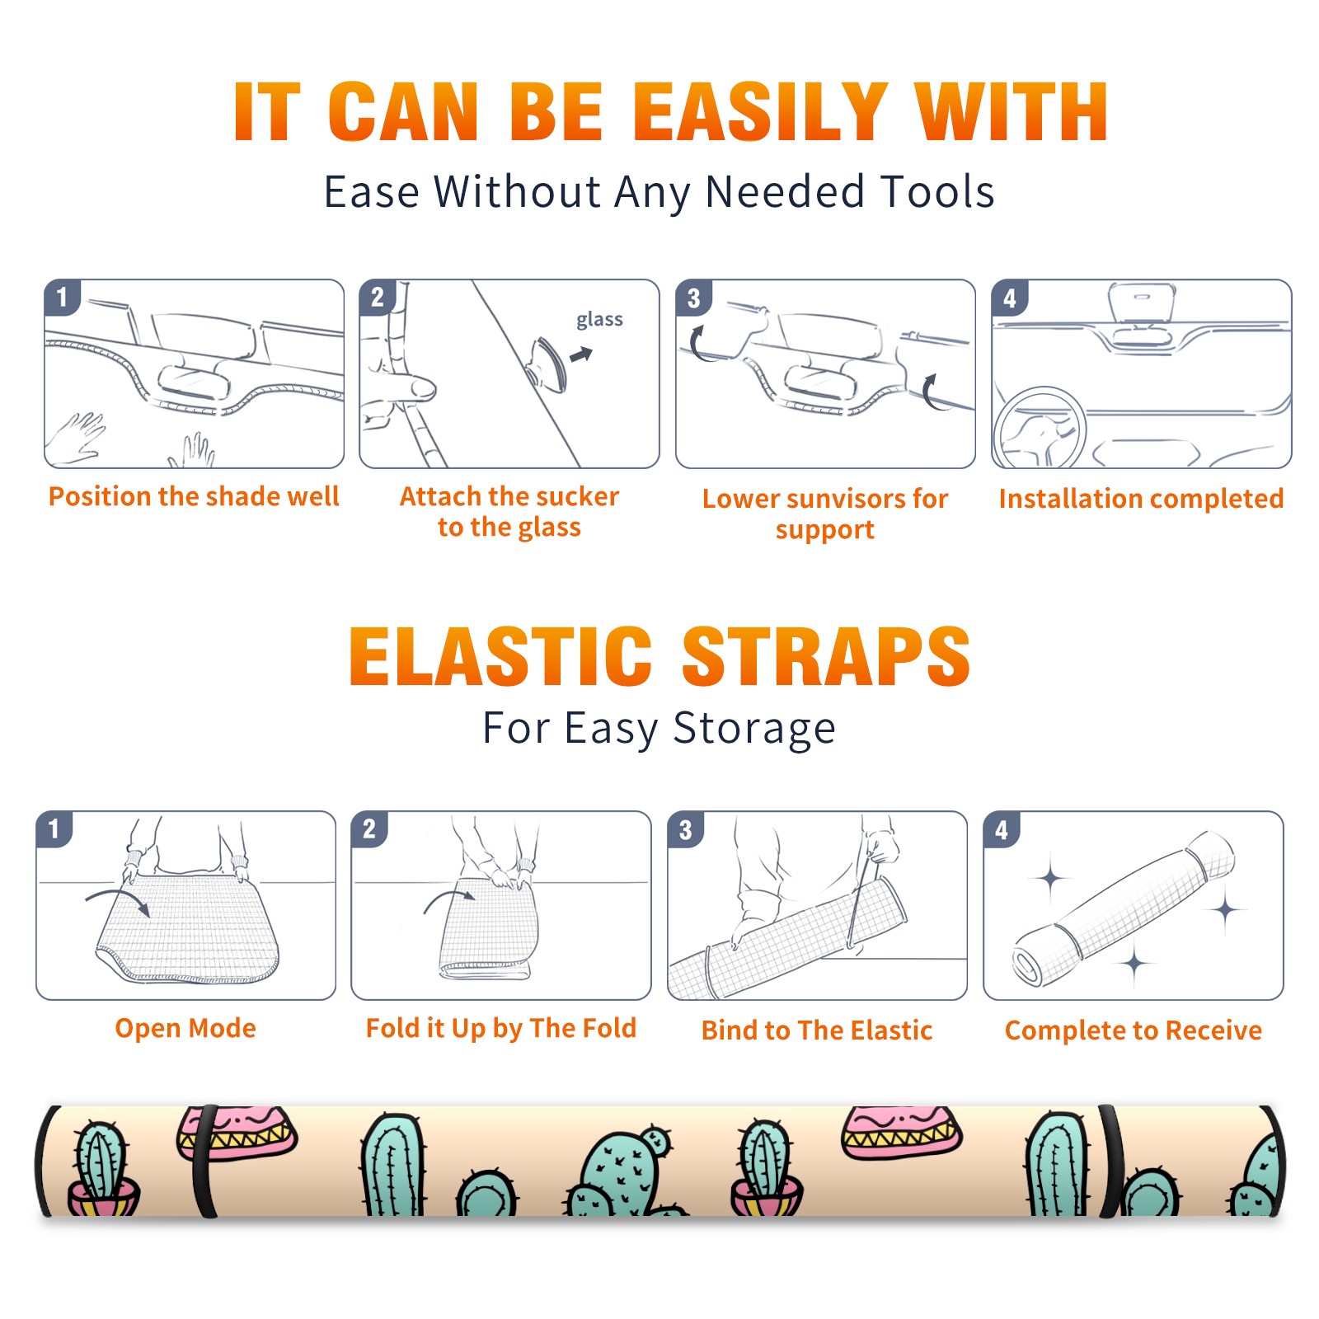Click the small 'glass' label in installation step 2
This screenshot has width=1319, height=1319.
pos(599,320)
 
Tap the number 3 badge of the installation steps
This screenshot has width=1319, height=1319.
pos(693,298)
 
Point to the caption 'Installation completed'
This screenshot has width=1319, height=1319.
pos(1141,498)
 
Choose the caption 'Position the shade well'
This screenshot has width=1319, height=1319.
pos(194,496)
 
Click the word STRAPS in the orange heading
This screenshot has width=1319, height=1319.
pos(826,656)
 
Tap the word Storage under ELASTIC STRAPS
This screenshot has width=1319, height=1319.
pos(754,729)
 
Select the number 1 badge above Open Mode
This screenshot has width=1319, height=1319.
pos(54,829)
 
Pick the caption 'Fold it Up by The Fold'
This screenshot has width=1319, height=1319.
pos(501,1028)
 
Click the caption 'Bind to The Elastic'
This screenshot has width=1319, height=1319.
pos(817,1030)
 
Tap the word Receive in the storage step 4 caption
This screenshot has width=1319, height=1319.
pos(1213,1030)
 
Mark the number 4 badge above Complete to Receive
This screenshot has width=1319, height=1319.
pos(1002,829)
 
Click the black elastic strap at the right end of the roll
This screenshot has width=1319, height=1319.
pos(1111,1161)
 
